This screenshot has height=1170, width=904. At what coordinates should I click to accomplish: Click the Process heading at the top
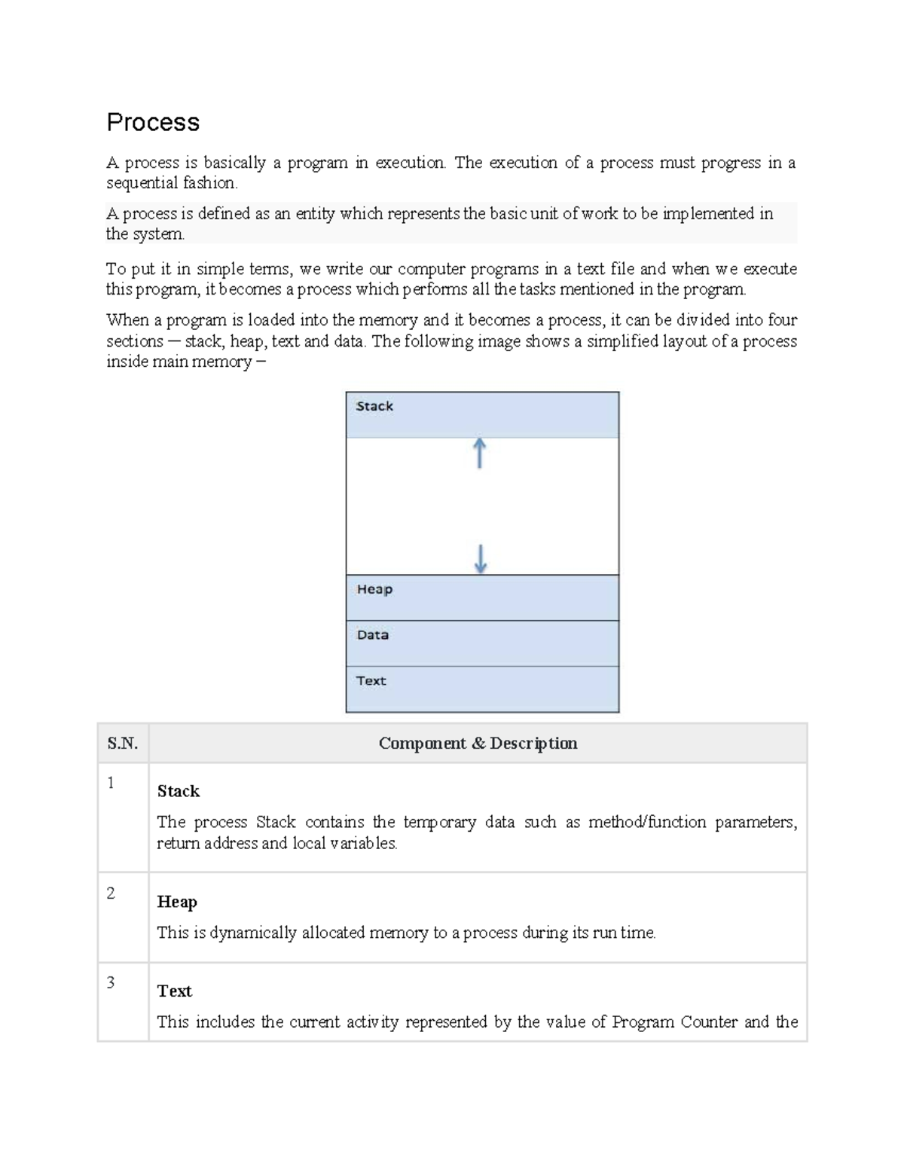153,122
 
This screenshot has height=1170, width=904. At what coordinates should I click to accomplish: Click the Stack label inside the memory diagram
374,406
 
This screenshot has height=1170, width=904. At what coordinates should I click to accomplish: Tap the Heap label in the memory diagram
374,589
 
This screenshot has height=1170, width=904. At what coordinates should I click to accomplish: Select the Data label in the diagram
373,635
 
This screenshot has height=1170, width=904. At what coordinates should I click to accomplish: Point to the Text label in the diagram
371,680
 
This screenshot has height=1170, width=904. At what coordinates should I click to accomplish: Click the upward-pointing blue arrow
479,454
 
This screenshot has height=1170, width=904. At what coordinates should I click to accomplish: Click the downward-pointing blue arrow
481,559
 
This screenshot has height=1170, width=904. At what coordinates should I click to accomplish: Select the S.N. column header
123,744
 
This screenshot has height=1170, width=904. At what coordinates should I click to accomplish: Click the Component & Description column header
478,744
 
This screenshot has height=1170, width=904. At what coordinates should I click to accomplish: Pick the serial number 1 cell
111,784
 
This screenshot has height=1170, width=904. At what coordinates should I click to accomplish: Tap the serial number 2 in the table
111,894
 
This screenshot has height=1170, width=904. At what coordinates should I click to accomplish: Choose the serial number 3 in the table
111,982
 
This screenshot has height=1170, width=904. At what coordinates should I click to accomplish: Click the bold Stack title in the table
179,791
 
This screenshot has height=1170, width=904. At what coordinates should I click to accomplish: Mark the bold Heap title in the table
177,902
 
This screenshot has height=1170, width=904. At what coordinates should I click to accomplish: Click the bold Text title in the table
175,991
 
